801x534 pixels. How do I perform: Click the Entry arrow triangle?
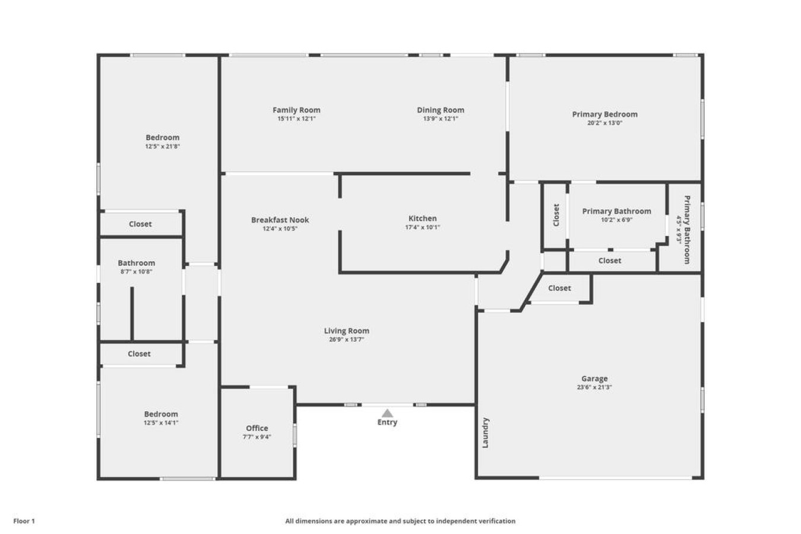387,413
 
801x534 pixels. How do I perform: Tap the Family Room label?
296,110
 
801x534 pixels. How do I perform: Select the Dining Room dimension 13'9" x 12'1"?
440,119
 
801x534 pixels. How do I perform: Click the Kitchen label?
422,218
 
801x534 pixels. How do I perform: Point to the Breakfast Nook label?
280,220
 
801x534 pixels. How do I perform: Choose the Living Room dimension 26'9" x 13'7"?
346,340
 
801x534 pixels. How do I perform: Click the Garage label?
594,379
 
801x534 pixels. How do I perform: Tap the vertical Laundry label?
485,433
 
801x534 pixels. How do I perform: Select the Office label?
257,428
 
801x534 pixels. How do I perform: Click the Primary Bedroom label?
604,114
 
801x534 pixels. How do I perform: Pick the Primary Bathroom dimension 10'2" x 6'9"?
616,220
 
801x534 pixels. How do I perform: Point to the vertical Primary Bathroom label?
687,230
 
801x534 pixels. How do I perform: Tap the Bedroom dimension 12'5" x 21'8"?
162,147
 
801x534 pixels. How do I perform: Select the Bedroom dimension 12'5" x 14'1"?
160,423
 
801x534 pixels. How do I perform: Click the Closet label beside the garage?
559,288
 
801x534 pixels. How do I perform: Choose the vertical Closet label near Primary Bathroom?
556,215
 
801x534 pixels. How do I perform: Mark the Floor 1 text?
24,521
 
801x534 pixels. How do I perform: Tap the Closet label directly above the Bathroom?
140,224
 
